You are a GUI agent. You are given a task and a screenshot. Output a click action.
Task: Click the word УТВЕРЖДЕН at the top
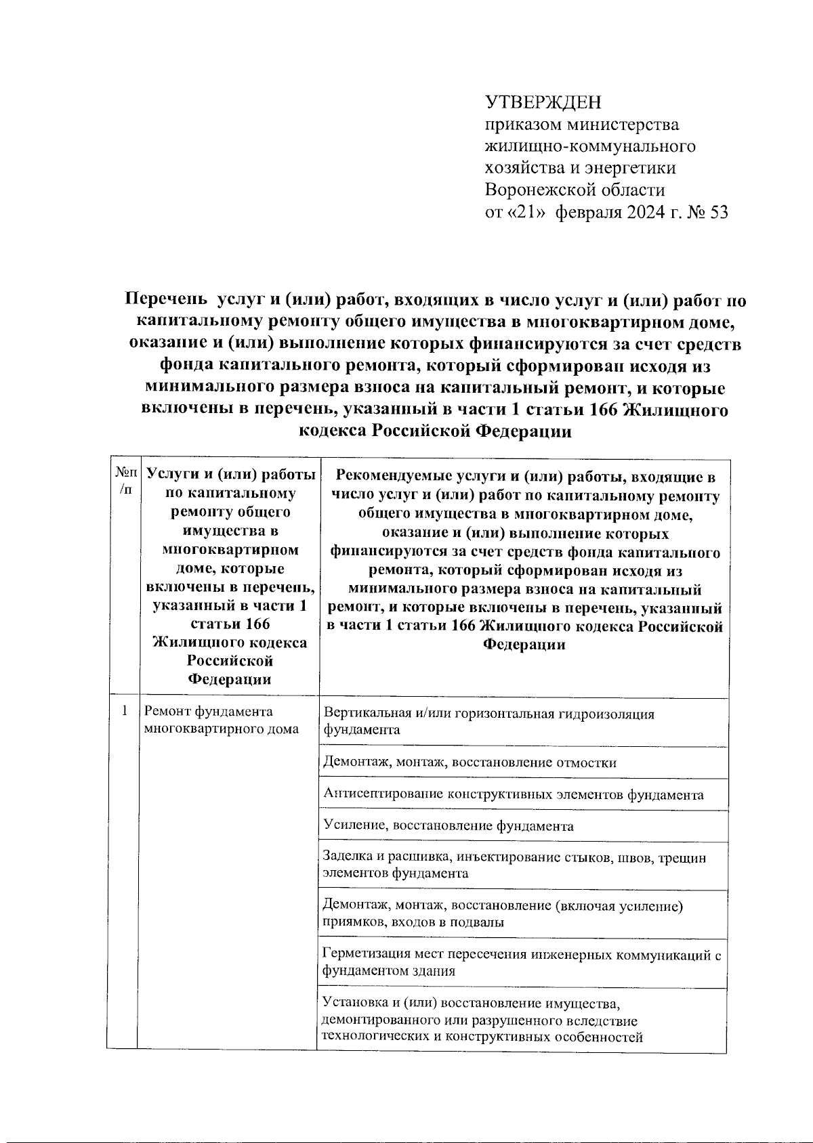543,102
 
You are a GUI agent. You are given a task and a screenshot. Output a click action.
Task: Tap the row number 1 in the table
124,711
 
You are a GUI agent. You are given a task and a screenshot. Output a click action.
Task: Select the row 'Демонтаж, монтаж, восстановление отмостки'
470,762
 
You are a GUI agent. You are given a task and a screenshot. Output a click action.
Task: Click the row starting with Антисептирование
513,794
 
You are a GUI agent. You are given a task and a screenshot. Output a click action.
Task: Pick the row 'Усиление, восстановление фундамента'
449,826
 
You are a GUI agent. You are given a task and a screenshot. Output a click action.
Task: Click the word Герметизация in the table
364,955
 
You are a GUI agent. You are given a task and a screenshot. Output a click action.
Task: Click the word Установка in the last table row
353,1003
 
